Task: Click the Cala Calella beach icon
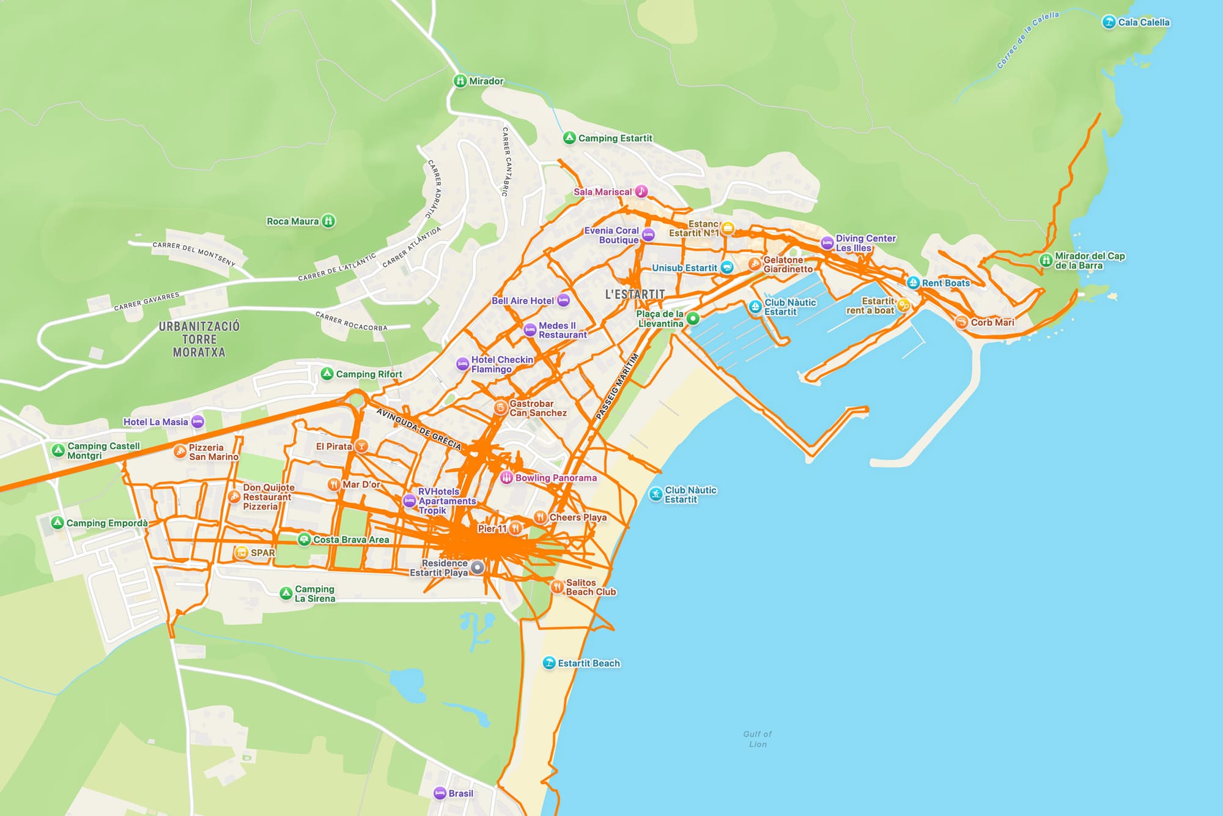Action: (x=1109, y=23)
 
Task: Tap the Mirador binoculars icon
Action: (x=460, y=81)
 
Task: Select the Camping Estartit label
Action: (x=615, y=138)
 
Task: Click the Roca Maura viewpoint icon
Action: (x=328, y=221)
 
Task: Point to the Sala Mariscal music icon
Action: (x=641, y=191)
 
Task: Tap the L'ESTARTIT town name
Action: (x=635, y=294)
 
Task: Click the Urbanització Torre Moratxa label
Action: (x=199, y=339)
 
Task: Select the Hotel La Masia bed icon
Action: (x=198, y=421)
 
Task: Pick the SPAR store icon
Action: (x=242, y=553)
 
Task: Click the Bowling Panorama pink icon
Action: (x=506, y=478)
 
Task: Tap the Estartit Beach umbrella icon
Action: (x=549, y=663)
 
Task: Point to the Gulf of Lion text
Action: (x=758, y=739)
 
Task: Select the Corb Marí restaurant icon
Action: (x=961, y=322)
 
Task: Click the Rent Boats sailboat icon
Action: (x=913, y=283)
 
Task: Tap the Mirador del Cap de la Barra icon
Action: (x=1046, y=261)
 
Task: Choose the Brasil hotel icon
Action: (x=440, y=793)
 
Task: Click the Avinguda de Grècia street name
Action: (x=418, y=429)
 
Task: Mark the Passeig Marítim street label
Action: (x=617, y=387)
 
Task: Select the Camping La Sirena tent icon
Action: (x=286, y=593)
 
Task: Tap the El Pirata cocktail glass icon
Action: (x=361, y=447)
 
